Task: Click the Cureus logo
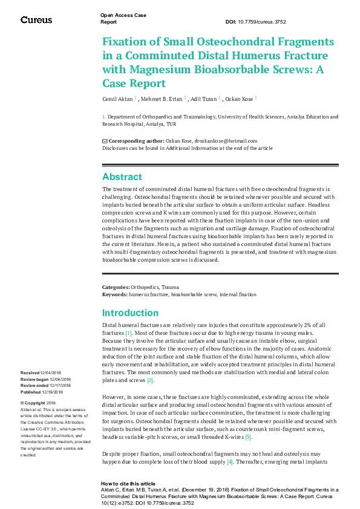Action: [36, 20]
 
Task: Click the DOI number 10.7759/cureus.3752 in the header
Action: [264, 22]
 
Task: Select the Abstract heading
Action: [122, 177]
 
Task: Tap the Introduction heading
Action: [131, 313]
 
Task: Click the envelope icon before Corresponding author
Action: [105, 140]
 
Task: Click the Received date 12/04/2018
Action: [47, 373]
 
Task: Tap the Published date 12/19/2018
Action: [48, 392]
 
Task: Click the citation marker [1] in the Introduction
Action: [128, 333]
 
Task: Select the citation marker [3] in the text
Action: [247, 436]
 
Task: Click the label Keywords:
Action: [115, 294]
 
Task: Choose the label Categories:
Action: [116, 287]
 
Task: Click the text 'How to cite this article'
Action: [126, 484]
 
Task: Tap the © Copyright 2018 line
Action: [38, 403]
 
